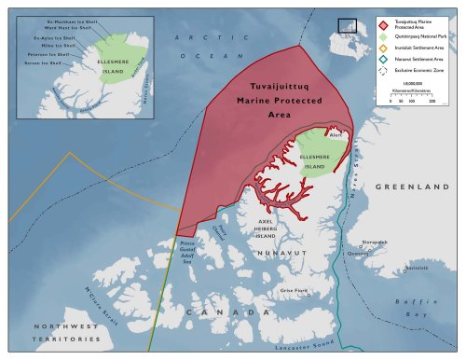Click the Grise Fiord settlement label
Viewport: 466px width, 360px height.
tap(294, 290)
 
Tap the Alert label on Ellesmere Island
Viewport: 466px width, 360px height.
tap(336, 136)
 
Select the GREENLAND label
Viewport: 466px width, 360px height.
tap(406, 187)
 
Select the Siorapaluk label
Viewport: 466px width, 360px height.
tap(375, 242)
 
